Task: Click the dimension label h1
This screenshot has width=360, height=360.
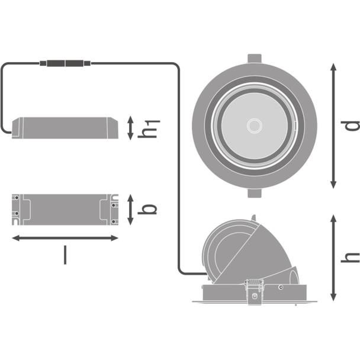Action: (x=149, y=129)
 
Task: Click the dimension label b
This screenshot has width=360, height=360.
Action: (x=147, y=209)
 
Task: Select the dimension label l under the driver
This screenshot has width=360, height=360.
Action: (x=65, y=255)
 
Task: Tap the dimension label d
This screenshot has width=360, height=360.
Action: (x=350, y=126)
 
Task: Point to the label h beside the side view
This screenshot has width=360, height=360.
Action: (x=350, y=258)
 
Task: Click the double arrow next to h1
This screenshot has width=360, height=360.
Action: (x=130, y=128)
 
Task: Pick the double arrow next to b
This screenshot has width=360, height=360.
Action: (x=130, y=210)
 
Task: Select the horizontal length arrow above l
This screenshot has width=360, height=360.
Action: (x=65, y=238)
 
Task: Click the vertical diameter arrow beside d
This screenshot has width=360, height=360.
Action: (x=333, y=126)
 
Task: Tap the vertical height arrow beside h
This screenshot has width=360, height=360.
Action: (x=333, y=258)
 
